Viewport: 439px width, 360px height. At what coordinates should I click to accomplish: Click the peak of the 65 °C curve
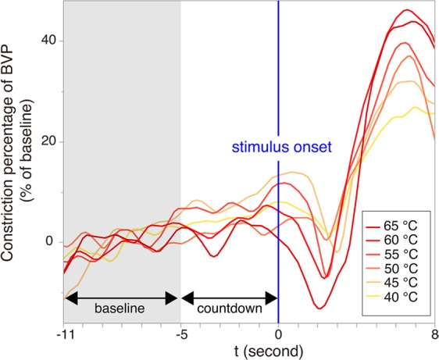pos(406,10)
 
